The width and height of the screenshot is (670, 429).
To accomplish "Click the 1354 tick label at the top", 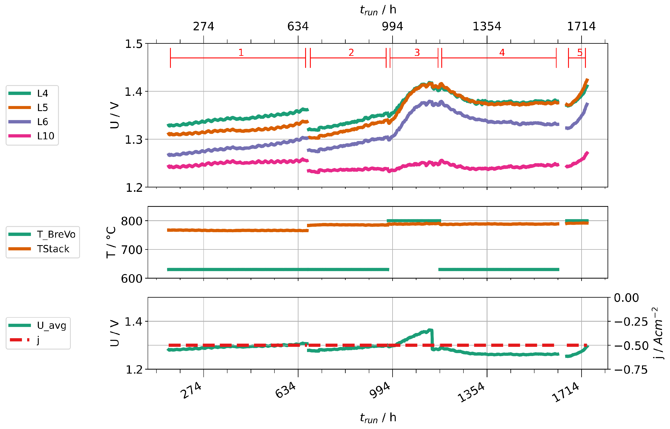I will [x=487, y=27].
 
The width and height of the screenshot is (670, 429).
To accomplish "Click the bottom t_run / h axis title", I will [x=378, y=417].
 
